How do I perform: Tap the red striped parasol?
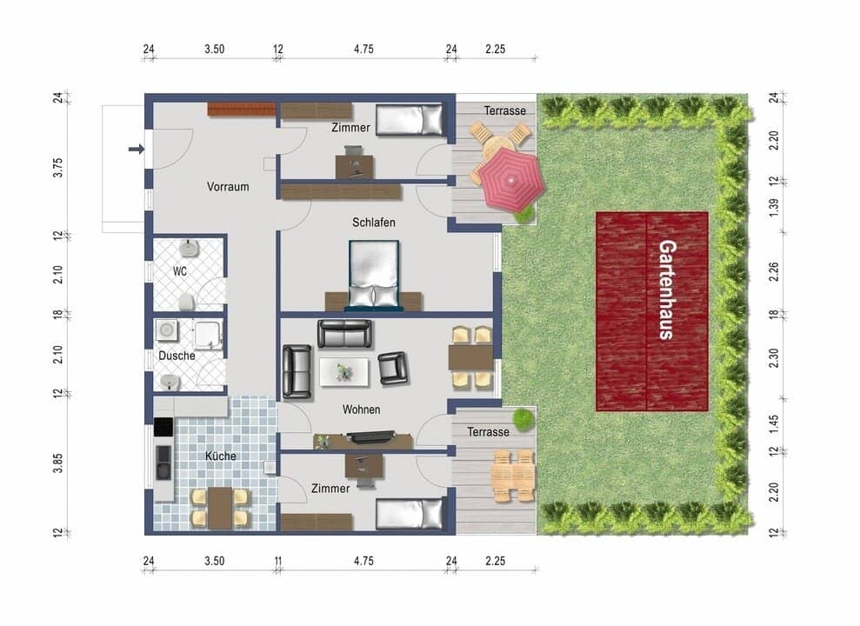click(508, 178)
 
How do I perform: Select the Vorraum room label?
click(228, 187)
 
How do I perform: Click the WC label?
click(180, 271)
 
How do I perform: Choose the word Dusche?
click(177, 356)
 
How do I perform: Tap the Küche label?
click(221, 456)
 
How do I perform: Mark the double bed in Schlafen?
click(374, 275)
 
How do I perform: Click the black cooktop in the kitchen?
click(163, 427)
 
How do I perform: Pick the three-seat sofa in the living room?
click(344, 333)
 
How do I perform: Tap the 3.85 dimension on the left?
click(58, 463)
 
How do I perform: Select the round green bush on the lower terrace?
click(523, 419)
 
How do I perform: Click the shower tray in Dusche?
click(209, 333)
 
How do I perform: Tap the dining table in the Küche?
click(219, 507)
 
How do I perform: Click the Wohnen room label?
click(361, 410)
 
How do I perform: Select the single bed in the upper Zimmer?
click(410, 118)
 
